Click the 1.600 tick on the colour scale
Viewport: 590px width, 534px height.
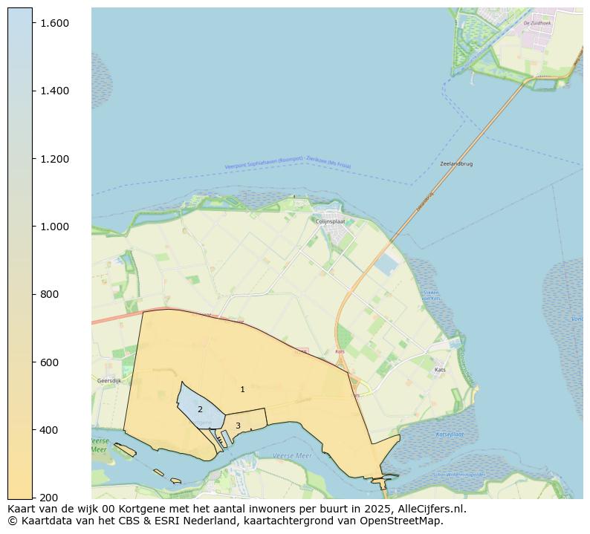pos(54,23)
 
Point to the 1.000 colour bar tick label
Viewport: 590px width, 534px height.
pos(54,227)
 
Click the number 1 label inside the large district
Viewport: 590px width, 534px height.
pos(242,389)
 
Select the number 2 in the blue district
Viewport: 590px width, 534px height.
pos(200,409)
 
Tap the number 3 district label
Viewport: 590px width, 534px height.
pos(238,426)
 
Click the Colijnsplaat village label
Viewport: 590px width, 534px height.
pos(331,221)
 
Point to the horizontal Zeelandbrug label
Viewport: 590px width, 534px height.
pos(456,163)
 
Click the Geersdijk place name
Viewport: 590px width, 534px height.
pos(109,380)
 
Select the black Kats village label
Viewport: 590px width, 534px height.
pos(440,369)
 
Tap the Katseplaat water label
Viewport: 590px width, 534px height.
pos(450,434)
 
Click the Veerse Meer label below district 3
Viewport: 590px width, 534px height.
pos(292,455)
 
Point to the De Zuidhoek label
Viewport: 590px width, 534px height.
pos(537,23)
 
